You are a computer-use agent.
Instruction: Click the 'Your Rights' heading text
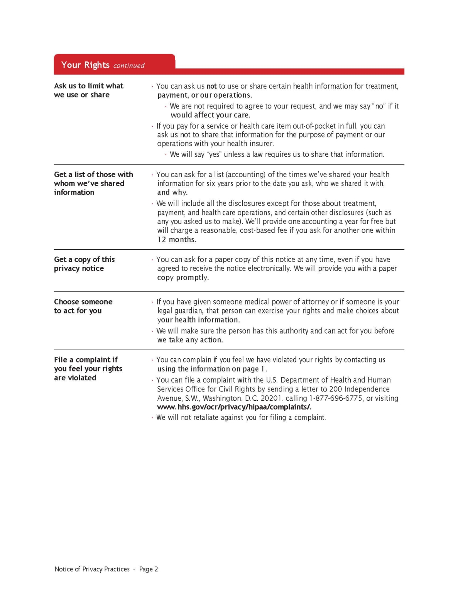tap(85, 65)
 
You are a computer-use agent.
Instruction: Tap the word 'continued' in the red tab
tap(129, 66)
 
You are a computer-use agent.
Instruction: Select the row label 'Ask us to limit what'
tap(89, 86)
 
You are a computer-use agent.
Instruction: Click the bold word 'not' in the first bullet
tap(211, 86)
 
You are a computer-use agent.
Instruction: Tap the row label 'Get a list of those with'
tap(93, 175)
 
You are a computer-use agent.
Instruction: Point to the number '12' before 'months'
tap(162, 240)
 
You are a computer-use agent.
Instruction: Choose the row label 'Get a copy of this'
tap(85, 259)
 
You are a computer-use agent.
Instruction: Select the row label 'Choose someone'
tap(83, 302)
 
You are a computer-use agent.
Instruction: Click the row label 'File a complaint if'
tap(86, 360)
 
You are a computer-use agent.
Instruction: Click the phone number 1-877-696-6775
tap(336, 398)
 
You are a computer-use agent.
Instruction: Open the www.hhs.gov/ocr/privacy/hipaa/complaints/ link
tap(234, 407)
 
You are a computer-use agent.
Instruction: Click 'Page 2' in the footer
tap(149, 569)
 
